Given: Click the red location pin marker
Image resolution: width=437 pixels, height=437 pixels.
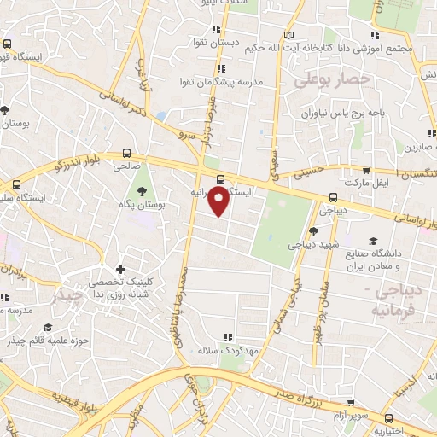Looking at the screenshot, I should (x=219, y=201).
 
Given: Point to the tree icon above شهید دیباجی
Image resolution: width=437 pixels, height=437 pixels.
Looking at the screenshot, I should (x=313, y=230).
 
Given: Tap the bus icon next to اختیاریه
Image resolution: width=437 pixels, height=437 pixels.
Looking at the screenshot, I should (x=389, y=418).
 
